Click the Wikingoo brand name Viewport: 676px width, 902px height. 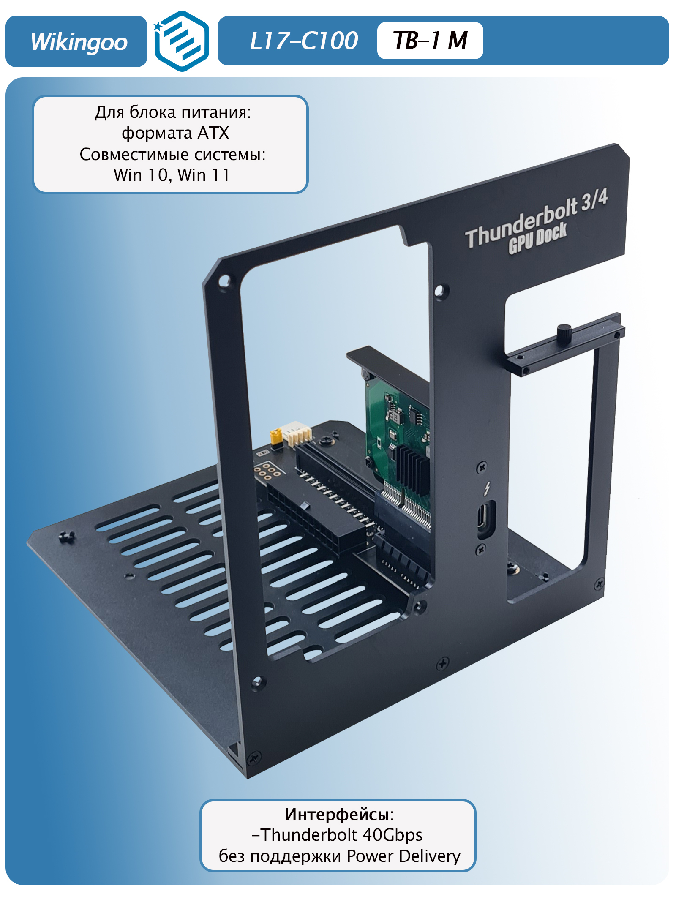(79, 42)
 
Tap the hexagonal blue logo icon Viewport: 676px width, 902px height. (181, 41)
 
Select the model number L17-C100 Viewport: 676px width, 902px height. (304, 41)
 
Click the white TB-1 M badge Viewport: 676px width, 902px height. (430, 41)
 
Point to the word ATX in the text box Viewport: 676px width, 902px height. (213, 133)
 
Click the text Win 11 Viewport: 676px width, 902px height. (204, 175)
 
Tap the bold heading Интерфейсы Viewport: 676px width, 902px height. (339, 814)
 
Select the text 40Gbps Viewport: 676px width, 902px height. (393, 835)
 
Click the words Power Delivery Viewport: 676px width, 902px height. (403, 856)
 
